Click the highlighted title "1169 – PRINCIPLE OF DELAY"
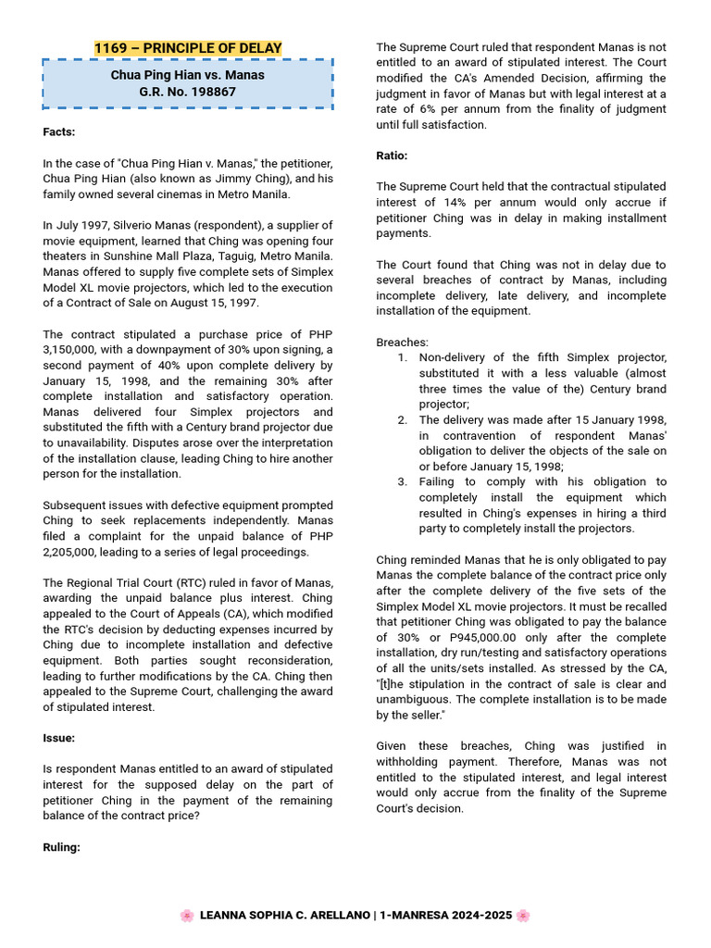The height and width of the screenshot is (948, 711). (188, 48)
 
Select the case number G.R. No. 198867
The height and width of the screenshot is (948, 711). (188, 93)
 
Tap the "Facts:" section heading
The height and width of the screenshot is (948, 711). (59, 132)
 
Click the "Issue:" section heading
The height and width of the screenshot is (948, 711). (59, 738)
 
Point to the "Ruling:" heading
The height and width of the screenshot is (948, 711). (62, 847)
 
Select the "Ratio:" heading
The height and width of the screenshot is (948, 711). (392, 156)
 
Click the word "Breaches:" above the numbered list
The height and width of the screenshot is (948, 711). (403, 343)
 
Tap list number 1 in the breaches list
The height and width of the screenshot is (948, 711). (402, 357)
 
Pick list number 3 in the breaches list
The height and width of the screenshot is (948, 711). (402, 481)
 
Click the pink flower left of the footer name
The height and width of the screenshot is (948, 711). (186, 916)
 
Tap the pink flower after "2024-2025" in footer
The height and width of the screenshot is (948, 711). (523, 916)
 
